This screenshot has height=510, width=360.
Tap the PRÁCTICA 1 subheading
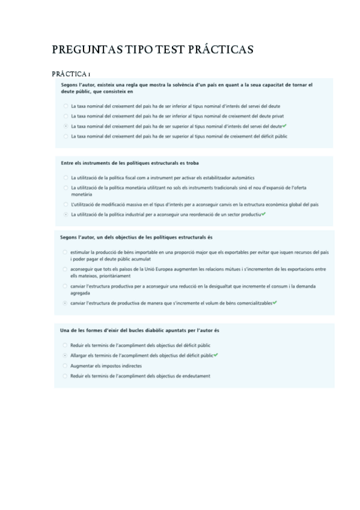point(71,74)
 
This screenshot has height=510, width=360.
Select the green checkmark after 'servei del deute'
point(284,126)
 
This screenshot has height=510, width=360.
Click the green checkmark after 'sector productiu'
point(263,214)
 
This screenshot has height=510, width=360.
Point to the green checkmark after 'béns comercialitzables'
point(274,303)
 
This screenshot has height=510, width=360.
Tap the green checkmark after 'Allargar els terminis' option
point(216,355)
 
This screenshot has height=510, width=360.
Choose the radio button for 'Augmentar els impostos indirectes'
point(65,366)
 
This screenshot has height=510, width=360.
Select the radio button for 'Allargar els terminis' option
point(65,355)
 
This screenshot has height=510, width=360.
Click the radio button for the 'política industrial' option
point(65,214)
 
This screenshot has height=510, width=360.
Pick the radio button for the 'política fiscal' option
point(65,178)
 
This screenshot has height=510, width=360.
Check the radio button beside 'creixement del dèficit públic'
point(65,137)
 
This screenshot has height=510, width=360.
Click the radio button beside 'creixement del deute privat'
point(65,116)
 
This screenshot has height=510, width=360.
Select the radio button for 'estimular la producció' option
point(65,252)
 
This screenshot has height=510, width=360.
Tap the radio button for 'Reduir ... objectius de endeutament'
point(65,376)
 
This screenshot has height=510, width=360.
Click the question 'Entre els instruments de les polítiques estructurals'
point(130,163)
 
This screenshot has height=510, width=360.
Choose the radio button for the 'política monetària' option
point(65,188)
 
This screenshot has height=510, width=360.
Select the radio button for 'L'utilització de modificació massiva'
point(65,204)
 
